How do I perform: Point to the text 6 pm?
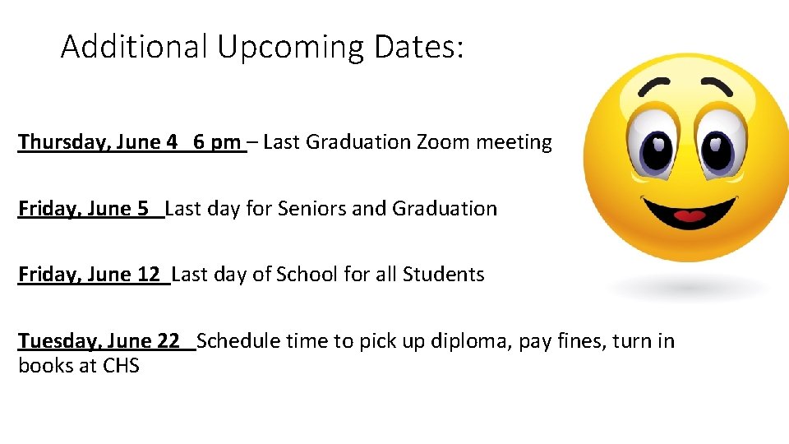[217, 143]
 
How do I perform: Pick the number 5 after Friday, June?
[143, 209]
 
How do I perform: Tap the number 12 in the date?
[149, 275]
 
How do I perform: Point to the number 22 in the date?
[168, 340]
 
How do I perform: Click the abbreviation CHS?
[121, 365]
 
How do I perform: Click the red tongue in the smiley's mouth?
[689, 217]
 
